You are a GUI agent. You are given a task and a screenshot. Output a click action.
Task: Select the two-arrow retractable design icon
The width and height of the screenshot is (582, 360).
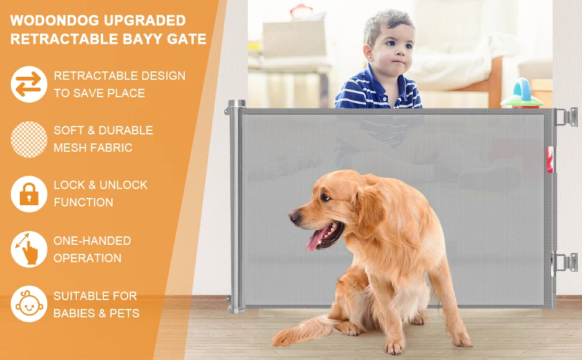pos(29,84)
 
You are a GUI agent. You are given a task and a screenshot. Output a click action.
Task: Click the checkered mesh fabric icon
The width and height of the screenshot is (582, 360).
pos(29,139)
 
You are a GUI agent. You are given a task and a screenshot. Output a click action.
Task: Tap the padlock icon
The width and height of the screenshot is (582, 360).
pos(29,194)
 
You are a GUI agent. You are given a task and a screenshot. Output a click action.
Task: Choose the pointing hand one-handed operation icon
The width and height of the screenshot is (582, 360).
pos(29,249)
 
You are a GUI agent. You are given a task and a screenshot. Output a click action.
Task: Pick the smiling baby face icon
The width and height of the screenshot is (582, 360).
pos(29,304)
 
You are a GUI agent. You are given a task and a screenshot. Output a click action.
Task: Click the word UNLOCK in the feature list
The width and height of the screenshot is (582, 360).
pos(123,185)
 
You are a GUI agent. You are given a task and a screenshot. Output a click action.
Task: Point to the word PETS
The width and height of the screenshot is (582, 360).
pos(124,313)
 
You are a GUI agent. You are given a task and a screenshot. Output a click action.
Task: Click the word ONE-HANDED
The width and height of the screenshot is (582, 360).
pos(92,241)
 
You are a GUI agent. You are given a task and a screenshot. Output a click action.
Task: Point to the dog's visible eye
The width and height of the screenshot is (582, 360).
pos(326,197)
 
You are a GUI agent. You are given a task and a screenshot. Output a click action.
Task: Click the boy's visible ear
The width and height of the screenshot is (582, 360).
pos(368,53)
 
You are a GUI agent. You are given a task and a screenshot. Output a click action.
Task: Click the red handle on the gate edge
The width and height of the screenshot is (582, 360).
pos(550,160)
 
